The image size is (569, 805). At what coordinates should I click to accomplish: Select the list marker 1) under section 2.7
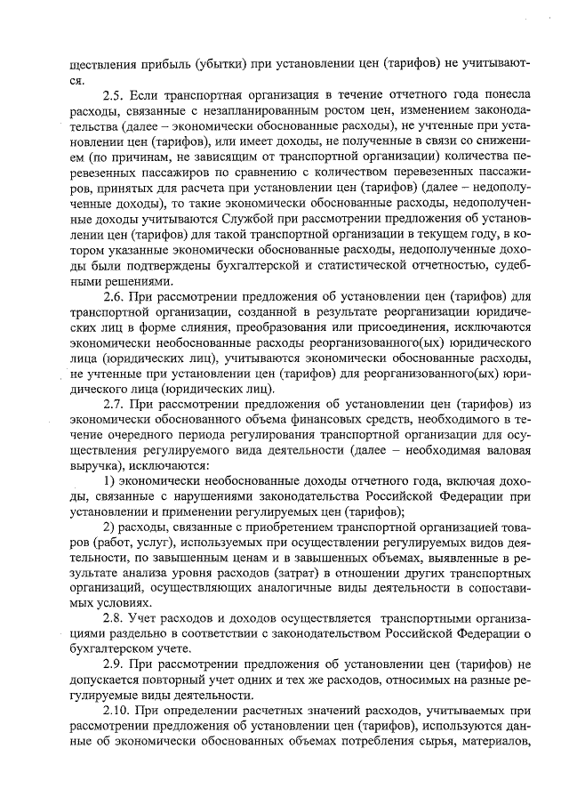point(111,481)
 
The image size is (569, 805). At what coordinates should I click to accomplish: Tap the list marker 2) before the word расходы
point(111,528)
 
